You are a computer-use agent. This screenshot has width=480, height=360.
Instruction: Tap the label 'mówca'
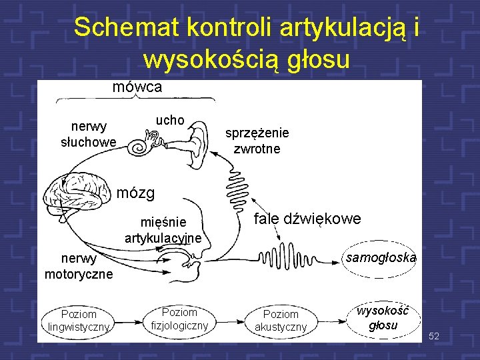(137, 87)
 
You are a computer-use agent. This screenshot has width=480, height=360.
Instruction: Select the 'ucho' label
(169, 120)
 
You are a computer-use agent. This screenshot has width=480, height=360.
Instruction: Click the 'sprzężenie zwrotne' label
(257, 141)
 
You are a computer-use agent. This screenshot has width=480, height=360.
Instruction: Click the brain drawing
(76, 194)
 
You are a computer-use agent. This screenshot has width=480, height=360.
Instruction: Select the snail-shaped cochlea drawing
(141, 145)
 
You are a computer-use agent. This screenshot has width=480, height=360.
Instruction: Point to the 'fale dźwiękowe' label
(307, 219)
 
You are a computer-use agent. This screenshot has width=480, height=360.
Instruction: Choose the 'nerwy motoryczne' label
(79, 266)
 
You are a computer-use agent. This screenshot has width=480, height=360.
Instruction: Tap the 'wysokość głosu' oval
(383, 318)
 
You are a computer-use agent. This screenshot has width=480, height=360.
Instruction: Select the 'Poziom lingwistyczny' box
(79, 320)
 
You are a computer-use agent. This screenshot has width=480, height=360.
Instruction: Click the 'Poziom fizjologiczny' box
(179, 319)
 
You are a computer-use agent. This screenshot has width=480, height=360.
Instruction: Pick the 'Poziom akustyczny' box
(281, 320)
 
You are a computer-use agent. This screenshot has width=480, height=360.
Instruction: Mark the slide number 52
(434, 335)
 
